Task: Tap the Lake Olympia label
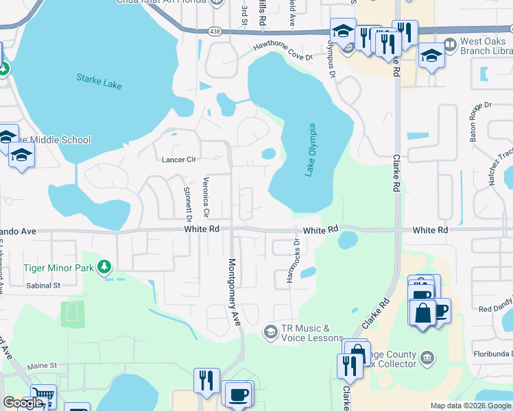click(311, 149)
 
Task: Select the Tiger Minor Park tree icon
click(104, 266)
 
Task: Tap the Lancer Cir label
click(179, 160)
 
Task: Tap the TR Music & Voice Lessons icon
click(271, 332)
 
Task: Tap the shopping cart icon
click(43, 396)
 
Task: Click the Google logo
click(23, 403)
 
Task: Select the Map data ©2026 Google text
click(470, 406)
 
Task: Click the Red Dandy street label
click(495, 309)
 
